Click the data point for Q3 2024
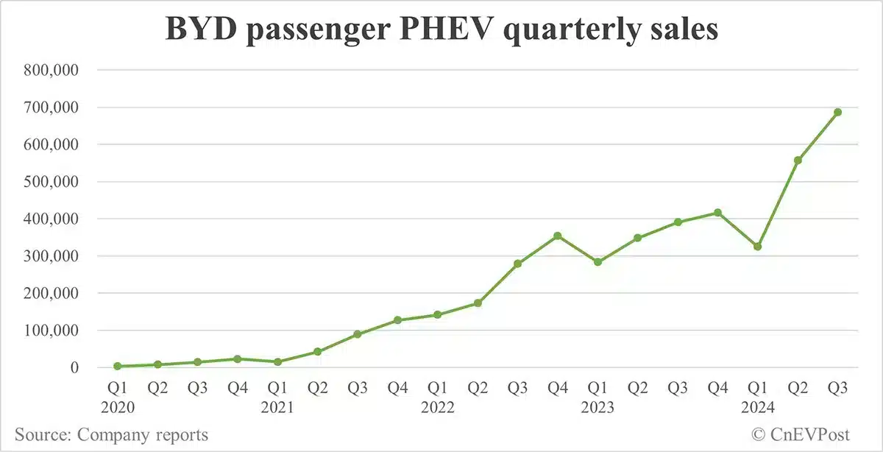837,112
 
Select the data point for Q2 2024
798,160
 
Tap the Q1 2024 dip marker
757,247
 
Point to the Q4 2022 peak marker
558,236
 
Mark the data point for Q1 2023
597,262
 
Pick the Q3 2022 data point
517,264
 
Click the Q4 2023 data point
717,213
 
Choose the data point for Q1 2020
118,366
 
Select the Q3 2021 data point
358,334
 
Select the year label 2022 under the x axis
438,407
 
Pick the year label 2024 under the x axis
757,407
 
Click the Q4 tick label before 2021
238,386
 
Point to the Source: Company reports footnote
111,434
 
